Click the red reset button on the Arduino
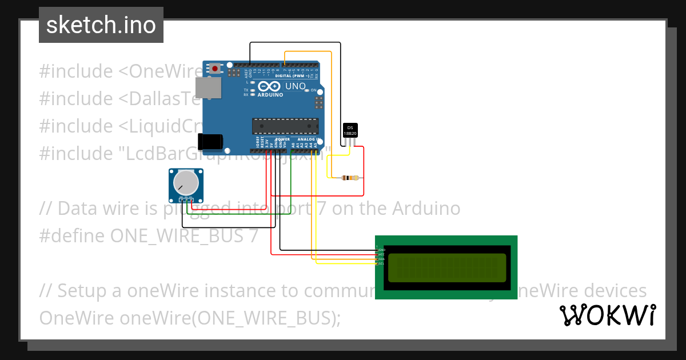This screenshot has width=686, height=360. point(215,69)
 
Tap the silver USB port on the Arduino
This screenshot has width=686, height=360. point(208,87)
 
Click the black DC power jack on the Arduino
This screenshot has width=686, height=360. point(208,141)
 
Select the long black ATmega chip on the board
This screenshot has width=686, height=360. point(285,126)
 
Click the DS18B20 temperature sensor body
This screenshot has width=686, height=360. point(350,130)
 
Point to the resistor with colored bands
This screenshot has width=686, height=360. point(350,178)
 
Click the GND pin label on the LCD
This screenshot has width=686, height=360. point(381,250)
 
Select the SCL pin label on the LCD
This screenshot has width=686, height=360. point(381,264)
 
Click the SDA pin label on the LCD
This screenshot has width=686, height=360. point(381,259)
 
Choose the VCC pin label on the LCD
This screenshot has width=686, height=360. point(381,255)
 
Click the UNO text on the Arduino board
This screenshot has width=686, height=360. point(296,86)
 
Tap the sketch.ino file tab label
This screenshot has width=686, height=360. point(101,25)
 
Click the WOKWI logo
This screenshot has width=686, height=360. point(607,315)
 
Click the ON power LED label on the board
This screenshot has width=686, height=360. point(313,90)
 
